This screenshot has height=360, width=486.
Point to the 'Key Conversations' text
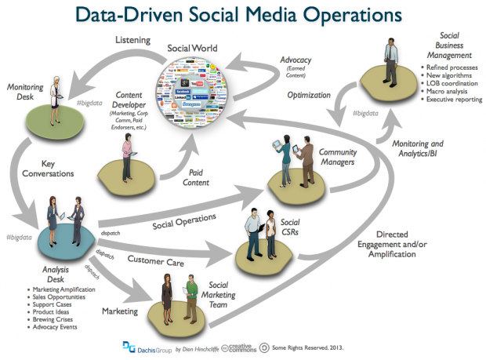pos(42,170)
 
